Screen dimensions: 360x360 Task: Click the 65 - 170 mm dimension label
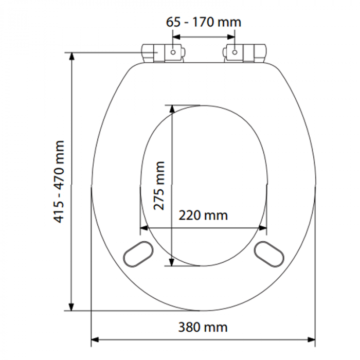click(x=204, y=23)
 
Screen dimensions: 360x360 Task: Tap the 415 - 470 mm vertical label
click(x=58, y=182)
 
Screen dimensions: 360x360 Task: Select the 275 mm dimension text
click(x=159, y=186)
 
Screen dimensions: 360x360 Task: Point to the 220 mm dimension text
click(x=203, y=215)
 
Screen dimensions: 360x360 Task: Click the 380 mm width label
click(x=203, y=327)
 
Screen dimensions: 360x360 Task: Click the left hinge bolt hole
click(x=173, y=52)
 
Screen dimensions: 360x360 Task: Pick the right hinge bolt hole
click(x=234, y=52)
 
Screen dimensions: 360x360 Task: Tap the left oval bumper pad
click(x=138, y=254)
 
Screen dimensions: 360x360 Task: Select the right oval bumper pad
click(x=269, y=254)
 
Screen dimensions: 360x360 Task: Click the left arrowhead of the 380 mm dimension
click(x=95, y=339)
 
